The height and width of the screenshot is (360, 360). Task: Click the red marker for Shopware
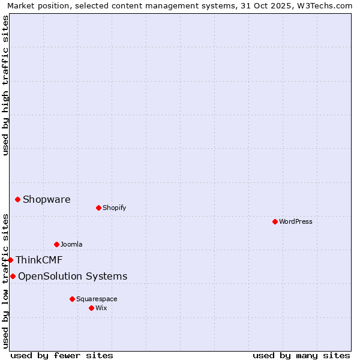[17, 199]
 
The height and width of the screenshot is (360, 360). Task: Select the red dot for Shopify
[98, 208]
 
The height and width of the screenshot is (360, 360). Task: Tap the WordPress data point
[275, 221]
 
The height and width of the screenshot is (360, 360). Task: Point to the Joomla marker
[56, 244]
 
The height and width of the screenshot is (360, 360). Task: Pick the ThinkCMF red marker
[10, 260]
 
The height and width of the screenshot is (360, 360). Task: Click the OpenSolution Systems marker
[13, 276]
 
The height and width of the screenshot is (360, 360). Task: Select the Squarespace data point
[72, 299]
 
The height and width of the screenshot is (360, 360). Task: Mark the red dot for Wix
[91, 308]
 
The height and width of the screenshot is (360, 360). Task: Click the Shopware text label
[46, 199]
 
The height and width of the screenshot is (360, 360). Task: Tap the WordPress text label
[296, 221]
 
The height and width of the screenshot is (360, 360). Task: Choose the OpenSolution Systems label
[73, 276]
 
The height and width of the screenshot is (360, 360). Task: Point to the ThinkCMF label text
[39, 260]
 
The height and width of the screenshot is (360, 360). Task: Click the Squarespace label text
[97, 299]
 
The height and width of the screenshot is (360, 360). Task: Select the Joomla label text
[71, 244]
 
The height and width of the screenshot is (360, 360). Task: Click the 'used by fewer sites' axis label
[62, 355]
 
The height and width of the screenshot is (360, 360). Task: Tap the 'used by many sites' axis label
[301, 355]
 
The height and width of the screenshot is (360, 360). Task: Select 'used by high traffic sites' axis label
[5, 85]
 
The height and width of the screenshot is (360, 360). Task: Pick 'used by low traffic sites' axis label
[5, 281]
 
